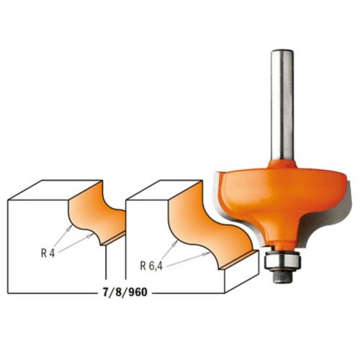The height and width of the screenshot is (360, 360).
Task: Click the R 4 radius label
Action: (x=48, y=253)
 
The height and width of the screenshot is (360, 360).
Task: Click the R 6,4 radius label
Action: (x=151, y=266)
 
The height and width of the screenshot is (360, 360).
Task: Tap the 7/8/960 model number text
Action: (x=125, y=292)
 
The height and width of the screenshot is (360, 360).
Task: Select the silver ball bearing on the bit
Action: (x=282, y=261)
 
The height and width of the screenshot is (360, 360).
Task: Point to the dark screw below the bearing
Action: (x=282, y=276)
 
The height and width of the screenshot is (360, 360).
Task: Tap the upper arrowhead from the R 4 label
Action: (x=70, y=228)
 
